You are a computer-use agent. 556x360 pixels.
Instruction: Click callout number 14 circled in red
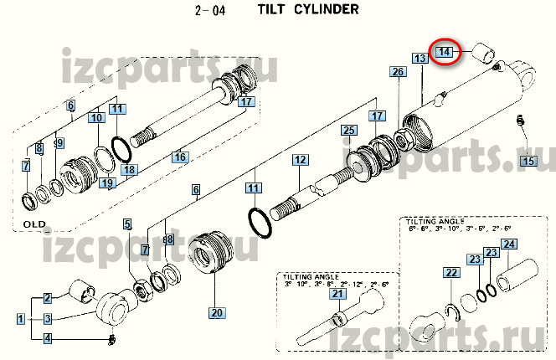pos(446,52)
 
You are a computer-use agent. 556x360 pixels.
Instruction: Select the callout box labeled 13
pos(420,59)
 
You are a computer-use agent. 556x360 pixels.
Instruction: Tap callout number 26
pos(398,73)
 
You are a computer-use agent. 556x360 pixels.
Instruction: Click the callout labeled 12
pos(300,159)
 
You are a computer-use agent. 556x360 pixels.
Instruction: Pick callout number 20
pos(218,314)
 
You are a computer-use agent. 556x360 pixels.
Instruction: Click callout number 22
pos(450,273)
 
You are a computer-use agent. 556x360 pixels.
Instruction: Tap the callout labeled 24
pos(509,245)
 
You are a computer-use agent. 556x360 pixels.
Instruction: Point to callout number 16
pos(179,157)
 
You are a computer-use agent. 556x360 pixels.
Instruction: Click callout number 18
pos(129,170)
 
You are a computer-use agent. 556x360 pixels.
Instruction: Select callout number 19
pos(106,183)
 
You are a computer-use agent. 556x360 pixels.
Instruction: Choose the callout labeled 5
pos(127,224)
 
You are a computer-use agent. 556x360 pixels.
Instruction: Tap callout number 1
pos(19,318)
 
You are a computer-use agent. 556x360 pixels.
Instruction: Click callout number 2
pos(48,297)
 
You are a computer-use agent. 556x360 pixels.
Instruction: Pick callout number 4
pos(48,338)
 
